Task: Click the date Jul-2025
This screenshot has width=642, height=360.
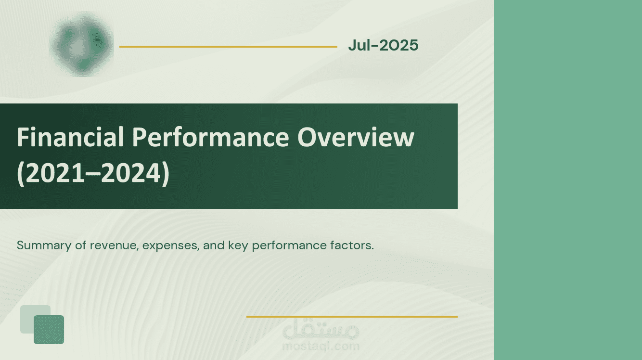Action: (383, 45)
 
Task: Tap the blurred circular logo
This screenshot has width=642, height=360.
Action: (81, 44)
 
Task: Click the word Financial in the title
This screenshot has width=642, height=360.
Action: (70, 137)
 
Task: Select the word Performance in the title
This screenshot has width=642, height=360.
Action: (210, 138)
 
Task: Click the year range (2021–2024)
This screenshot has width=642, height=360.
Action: (93, 173)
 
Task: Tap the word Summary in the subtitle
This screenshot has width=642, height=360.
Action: (44, 245)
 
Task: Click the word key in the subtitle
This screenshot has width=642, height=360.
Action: (238, 246)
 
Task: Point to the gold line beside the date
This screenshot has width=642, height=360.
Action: (228, 46)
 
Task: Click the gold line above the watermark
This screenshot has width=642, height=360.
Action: (352, 317)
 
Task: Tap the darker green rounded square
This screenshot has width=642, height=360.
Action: (49, 330)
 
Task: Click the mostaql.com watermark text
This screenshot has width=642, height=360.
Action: (321, 346)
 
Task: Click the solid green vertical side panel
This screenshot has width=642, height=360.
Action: (568, 180)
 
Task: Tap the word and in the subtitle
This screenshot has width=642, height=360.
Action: (214, 245)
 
